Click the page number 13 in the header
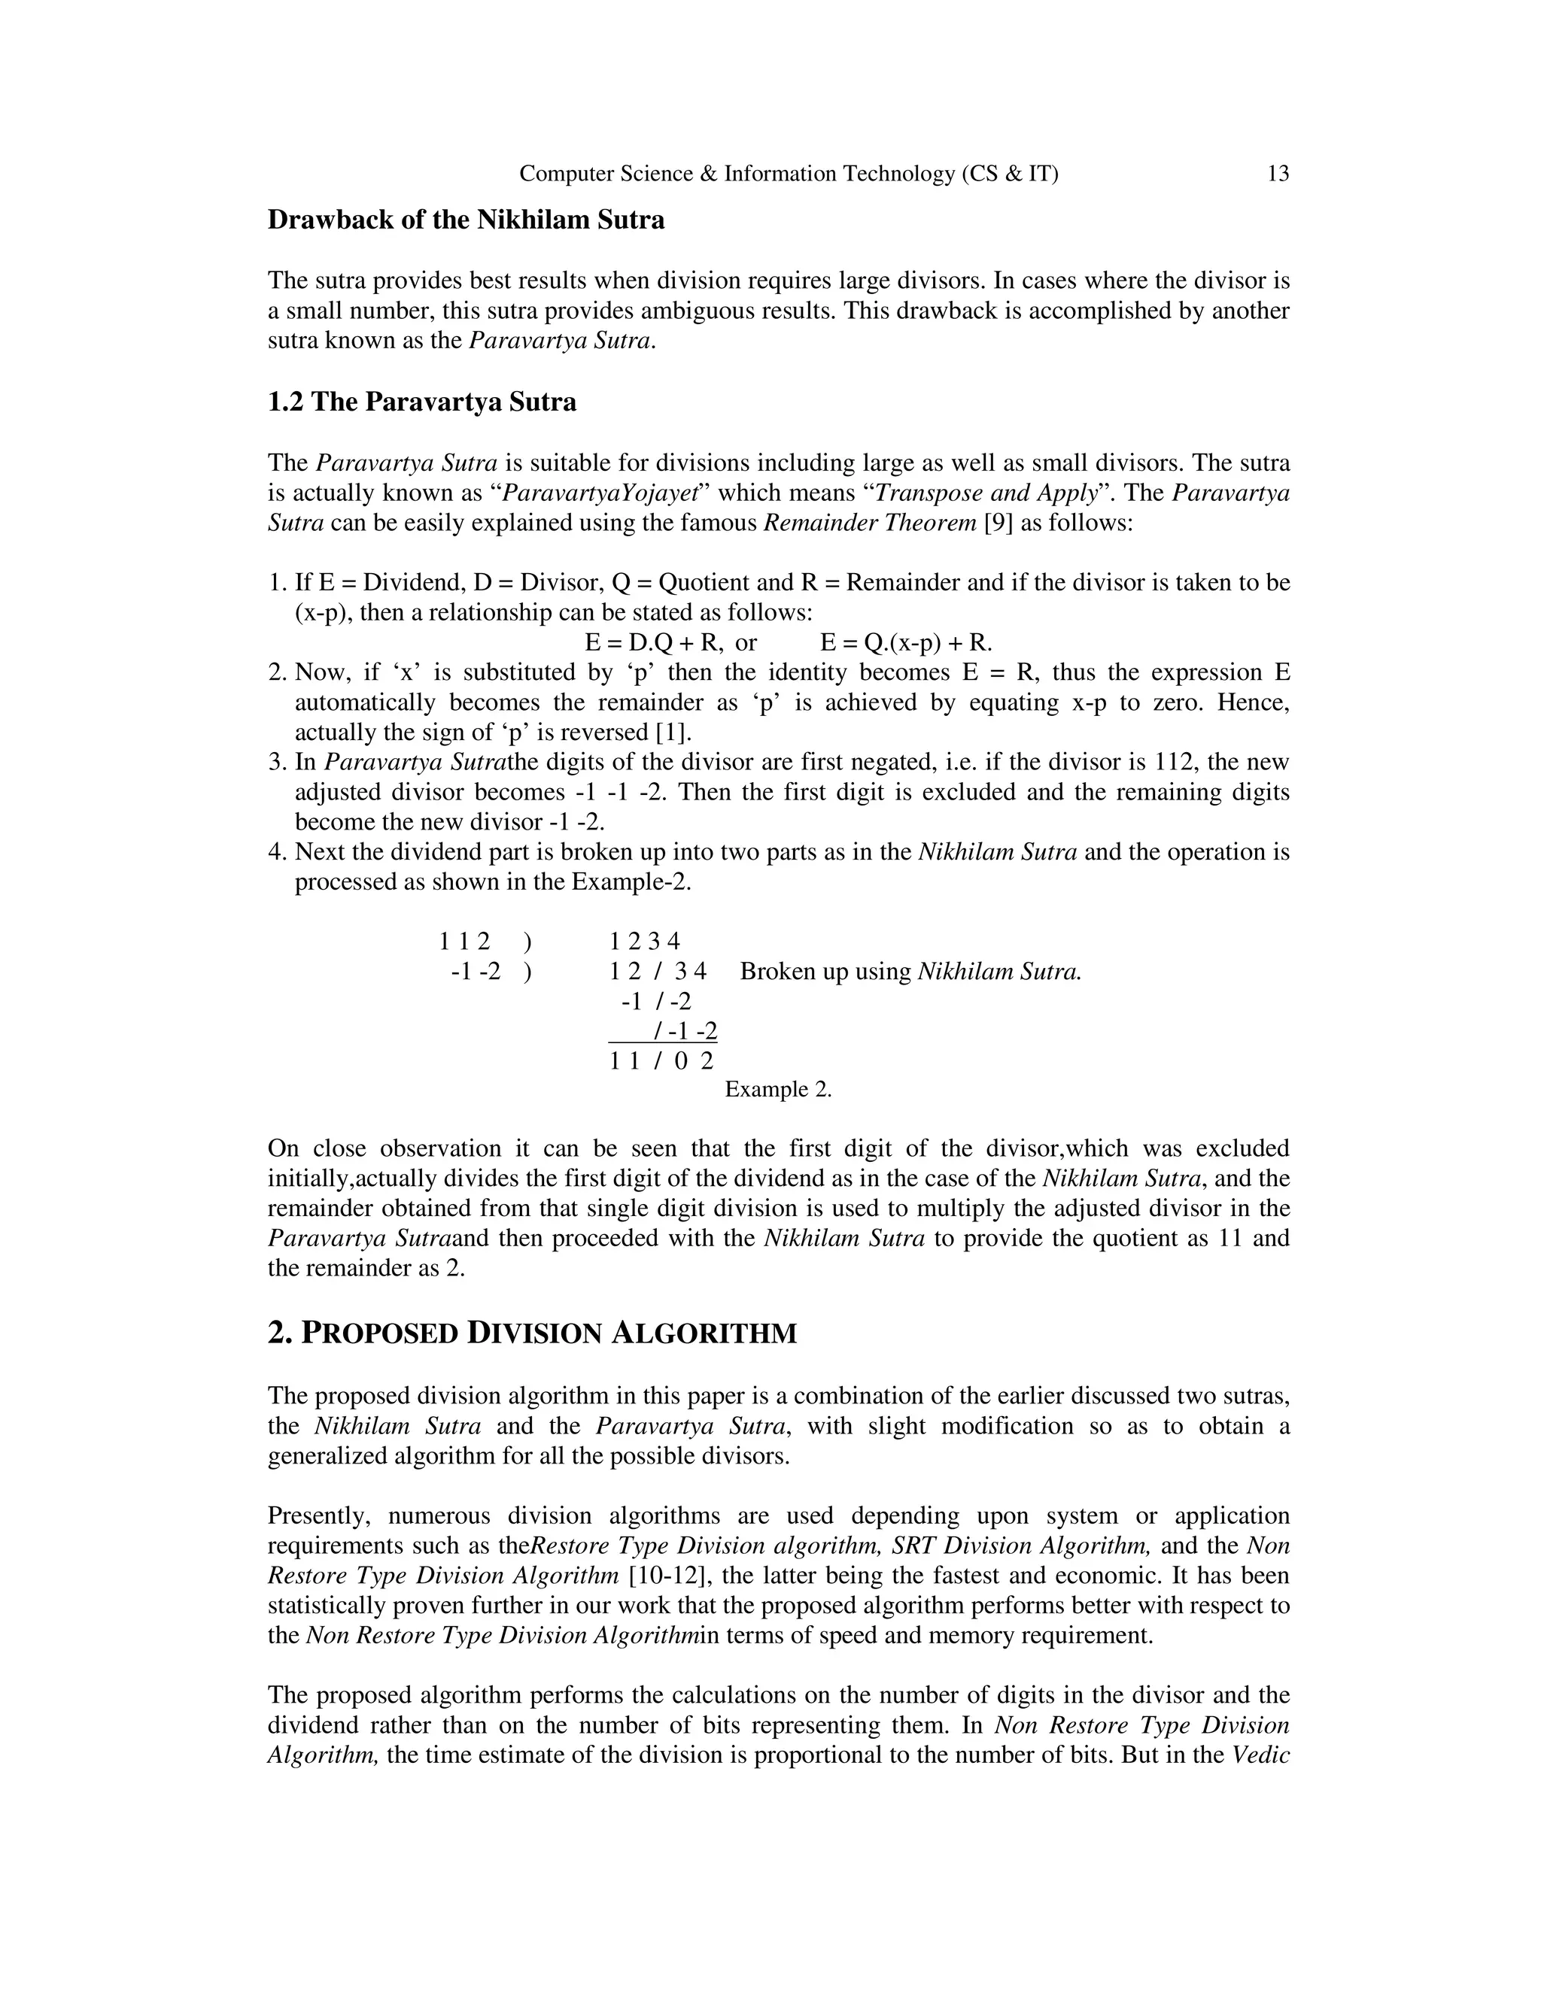pos(1278,174)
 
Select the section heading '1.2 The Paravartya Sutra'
pos(422,402)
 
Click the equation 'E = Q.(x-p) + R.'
pos(906,642)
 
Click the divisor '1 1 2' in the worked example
pos(465,941)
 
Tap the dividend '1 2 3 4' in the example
pos(645,941)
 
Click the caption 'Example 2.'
pos(778,1090)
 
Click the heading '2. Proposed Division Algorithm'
pos(532,1334)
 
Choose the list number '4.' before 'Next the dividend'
pos(278,852)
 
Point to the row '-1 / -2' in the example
pos(655,1002)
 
